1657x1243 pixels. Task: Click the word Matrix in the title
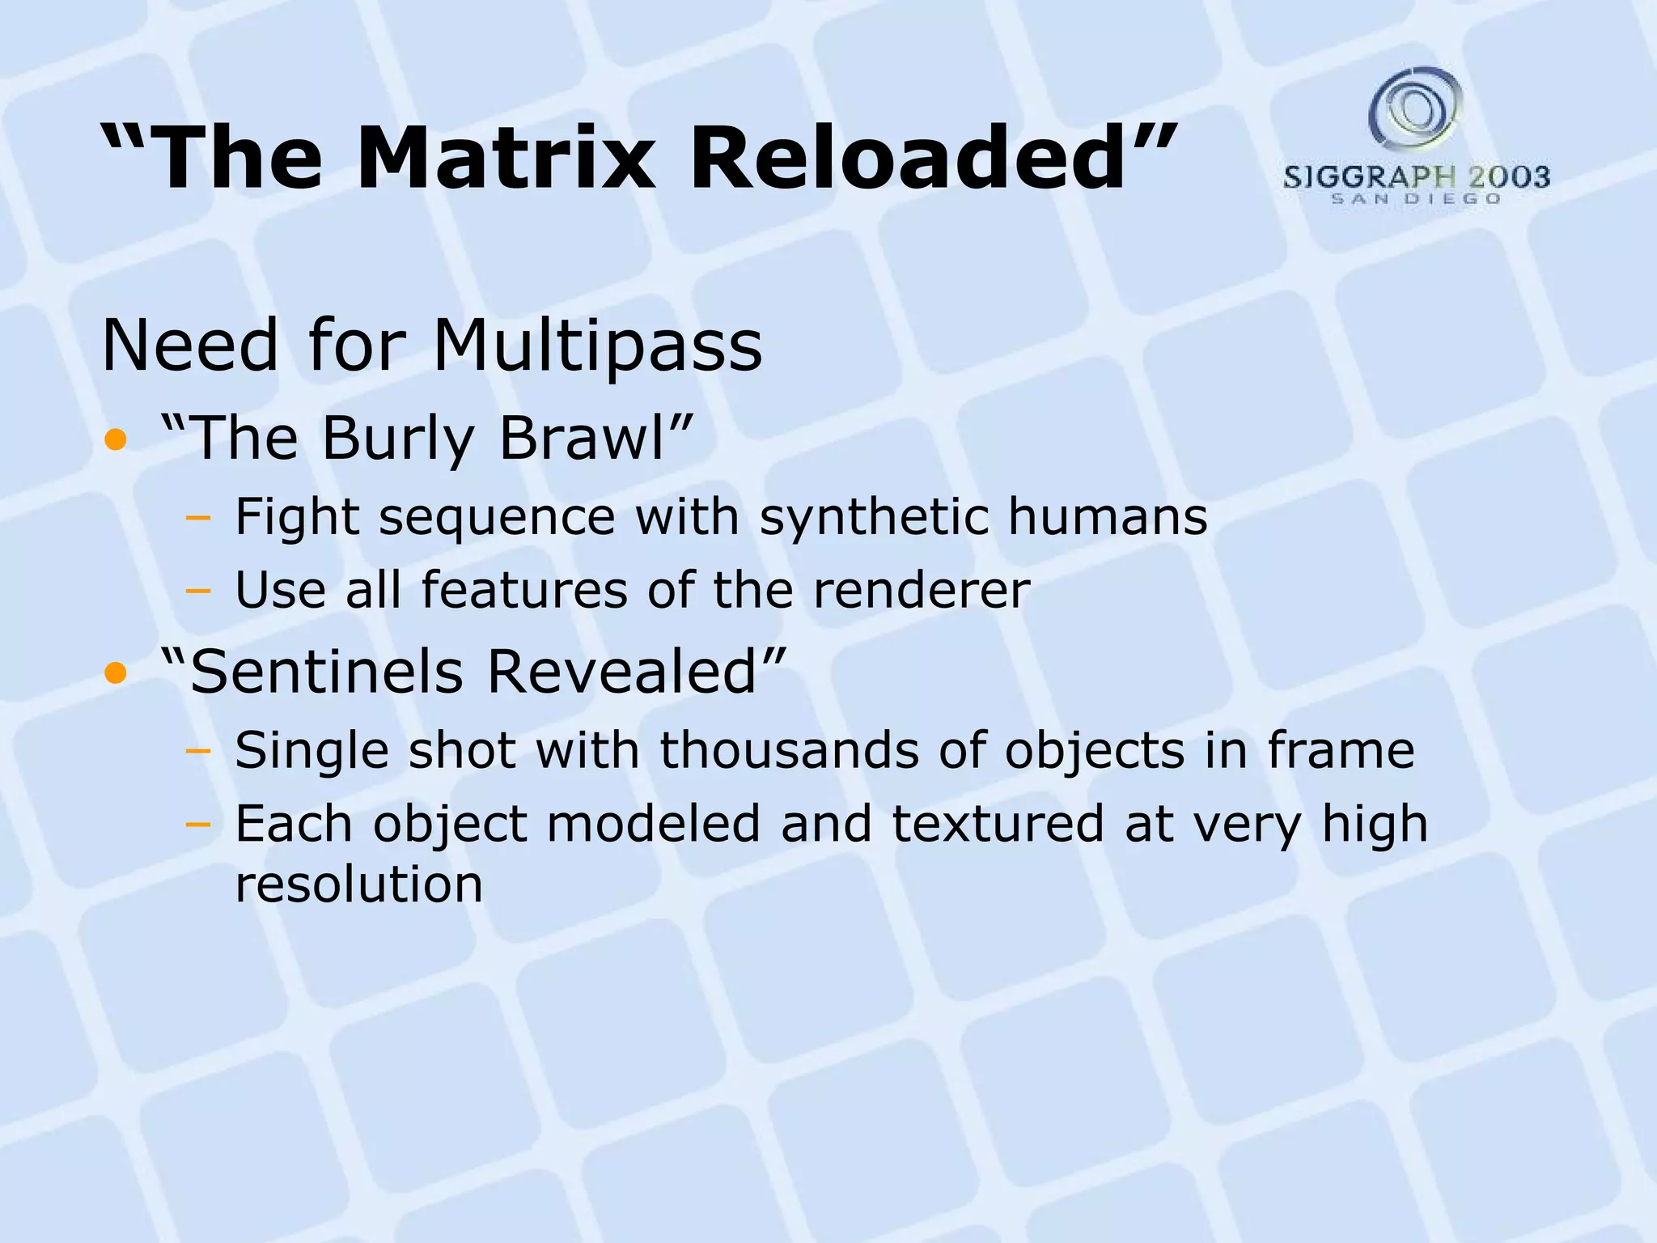click(x=511, y=158)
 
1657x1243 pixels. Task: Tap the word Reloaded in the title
click(x=907, y=158)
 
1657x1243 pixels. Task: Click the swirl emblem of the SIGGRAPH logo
click(x=1415, y=108)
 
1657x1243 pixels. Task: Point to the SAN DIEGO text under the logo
click(x=1416, y=199)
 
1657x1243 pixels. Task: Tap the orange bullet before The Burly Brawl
click(x=116, y=440)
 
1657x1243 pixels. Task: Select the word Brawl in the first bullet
click(x=582, y=439)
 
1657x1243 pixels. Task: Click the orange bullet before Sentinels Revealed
click(x=116, y=672)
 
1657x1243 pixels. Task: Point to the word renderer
click(x=922, y=590)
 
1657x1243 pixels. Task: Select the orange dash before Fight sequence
click(x=197, y=519)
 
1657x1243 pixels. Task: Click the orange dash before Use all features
click(x=197, y=592)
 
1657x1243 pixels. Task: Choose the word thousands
click(x=790, y=750)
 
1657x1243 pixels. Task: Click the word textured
click(x=998, y=825)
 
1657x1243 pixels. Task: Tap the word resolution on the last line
click(x=358, y=885)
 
